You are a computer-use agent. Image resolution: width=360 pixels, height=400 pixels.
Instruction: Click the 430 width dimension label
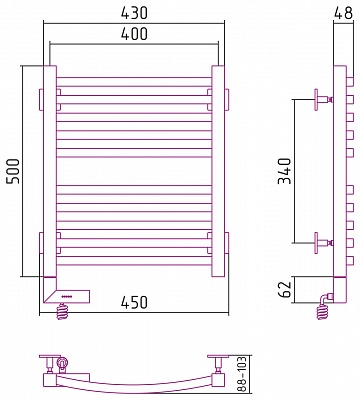pyautogui.click(x=134, y=13)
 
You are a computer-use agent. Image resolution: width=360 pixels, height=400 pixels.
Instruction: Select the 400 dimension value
pyautogui.click(x=134, y=34)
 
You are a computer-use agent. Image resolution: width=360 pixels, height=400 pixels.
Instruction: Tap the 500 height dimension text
pyautogui.click(x=13, y=171)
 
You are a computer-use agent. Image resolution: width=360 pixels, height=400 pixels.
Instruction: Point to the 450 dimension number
pyautogui.click(x=134, y=302)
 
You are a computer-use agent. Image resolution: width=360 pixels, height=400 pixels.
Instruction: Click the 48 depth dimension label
pyautogui.click(x=343, y=13)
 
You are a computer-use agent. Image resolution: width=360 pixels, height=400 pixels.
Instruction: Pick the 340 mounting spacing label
pyautogui.click(x=285, y=171)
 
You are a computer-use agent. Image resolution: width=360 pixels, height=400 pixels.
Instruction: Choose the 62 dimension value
pyautogui.click(x=285, y=290)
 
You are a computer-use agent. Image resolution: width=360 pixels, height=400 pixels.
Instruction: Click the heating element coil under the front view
pyautogui.click(x=63, y=311)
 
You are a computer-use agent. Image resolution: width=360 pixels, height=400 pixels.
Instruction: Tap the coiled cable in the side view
pyautogui.click(x=323, y=312)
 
